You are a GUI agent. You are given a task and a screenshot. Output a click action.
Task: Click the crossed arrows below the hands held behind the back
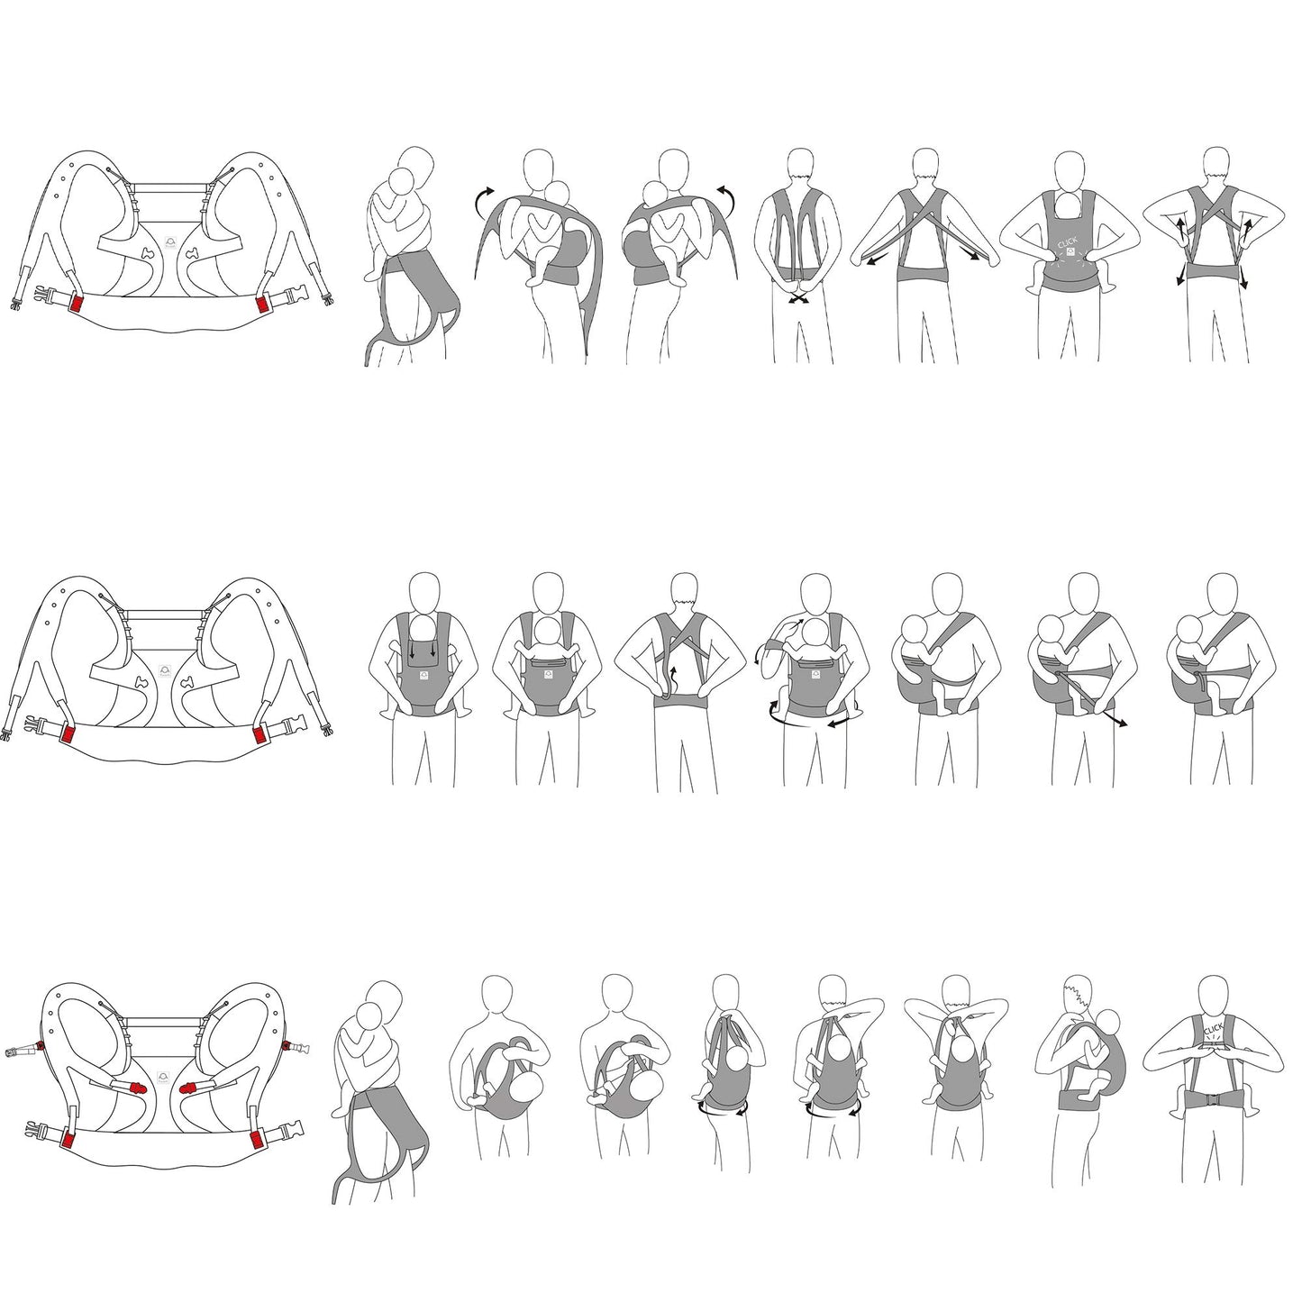coord(800,298)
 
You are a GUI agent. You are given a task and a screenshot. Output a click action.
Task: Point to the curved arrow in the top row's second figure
coord(482,201)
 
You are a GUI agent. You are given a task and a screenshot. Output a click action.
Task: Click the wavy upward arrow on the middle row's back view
coord(670,680)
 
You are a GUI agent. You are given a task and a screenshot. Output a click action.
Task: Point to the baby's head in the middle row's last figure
coord(1188,632)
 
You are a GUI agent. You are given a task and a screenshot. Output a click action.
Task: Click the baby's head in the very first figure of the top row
coord(403,182)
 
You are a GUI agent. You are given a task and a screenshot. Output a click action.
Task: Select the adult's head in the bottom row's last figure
coord(1216,995)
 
